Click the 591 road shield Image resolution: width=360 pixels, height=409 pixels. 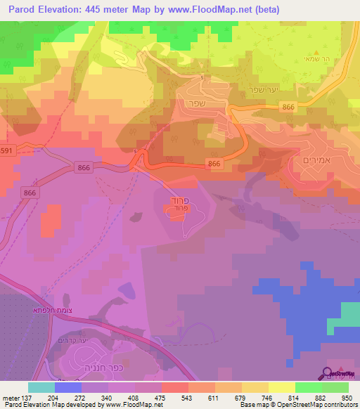tap(5, 151)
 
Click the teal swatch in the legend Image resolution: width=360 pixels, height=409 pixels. tap(41, 387)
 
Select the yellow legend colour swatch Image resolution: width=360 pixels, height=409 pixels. tap(281, 387)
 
